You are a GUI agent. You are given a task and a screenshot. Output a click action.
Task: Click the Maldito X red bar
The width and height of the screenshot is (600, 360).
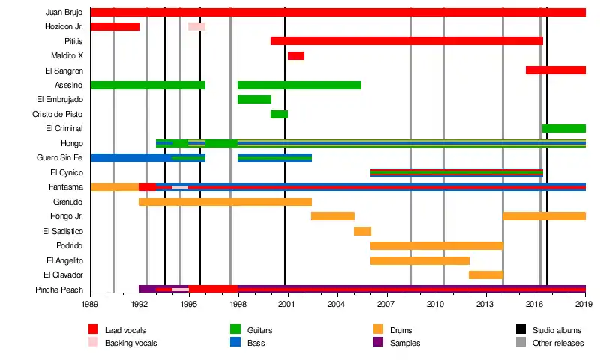tap(295, 55)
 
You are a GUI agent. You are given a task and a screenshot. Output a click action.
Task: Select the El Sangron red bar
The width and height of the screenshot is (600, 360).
tap(555, 70)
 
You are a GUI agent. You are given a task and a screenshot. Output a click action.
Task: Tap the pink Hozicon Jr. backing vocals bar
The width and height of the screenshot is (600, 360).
tap(196, 26)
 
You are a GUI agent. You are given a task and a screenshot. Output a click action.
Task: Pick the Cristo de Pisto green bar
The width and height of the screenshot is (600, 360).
tap(279, 114)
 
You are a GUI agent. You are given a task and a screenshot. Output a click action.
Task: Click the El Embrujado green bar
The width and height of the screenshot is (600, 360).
tap(254, 99)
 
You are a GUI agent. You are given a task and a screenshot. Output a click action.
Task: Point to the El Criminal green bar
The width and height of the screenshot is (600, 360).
tap(563, 128)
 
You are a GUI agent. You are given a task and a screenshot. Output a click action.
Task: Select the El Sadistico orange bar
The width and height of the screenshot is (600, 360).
tap(362, 231)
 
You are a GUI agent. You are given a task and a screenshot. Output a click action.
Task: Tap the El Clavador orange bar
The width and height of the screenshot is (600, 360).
tap(485, 274)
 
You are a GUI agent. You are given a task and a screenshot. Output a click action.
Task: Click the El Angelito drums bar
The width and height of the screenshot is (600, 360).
tap(419, 260)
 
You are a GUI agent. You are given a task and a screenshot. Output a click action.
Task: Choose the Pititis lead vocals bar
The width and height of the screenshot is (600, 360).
tap(406, 40)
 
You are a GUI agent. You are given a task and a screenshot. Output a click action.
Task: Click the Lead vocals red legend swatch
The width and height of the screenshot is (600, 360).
tap(93, 329)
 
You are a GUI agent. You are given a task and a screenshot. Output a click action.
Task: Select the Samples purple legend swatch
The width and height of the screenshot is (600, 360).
tap(378, 342)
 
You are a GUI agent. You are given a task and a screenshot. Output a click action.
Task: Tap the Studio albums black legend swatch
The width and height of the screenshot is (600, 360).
tap(520, 329)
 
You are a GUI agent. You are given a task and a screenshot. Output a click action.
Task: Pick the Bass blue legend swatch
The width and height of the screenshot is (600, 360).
tap(235, 342)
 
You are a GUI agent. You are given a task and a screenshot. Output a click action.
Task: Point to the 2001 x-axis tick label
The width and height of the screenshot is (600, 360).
tap(286, 304)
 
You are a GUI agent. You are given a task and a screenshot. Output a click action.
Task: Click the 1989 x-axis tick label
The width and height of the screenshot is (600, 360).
tap(90, 304)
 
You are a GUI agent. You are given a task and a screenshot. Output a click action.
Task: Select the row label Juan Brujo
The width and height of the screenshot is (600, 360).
tap(64, 12)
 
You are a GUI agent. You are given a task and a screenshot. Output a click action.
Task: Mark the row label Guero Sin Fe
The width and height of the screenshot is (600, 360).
tap(59, 157)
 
